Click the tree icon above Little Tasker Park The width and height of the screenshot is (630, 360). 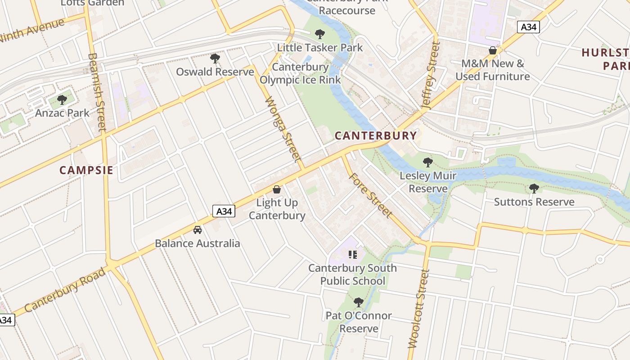320,34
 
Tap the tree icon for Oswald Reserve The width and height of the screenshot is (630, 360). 215,58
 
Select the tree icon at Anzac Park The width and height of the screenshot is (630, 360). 62,99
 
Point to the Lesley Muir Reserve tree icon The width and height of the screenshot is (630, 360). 428,162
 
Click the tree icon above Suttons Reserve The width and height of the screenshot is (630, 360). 534,189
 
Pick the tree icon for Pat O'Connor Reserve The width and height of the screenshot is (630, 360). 359,302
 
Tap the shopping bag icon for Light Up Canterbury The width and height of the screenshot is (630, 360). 277,189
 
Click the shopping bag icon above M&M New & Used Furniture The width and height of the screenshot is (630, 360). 493,50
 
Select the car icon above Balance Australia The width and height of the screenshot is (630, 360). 197,230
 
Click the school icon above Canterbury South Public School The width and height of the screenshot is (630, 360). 352,255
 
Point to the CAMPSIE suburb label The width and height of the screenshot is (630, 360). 86,170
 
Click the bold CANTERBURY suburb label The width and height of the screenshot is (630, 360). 376,135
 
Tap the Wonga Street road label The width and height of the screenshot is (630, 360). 283,130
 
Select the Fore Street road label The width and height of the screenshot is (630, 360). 370,195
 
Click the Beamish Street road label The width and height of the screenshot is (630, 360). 97,92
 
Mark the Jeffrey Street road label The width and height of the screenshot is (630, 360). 430,76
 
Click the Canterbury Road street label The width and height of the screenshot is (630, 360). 65,289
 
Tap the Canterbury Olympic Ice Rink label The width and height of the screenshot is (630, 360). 300,73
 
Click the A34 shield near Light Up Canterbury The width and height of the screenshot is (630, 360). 224,211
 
